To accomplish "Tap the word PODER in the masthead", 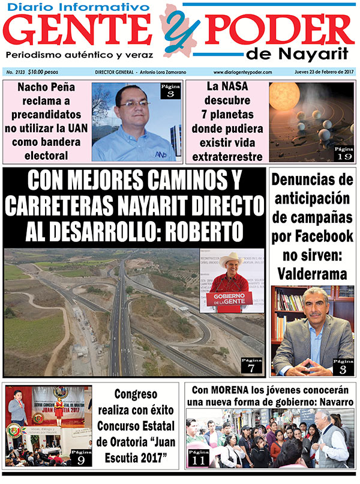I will tap(278, 30).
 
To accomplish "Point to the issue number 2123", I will tap(28, 72).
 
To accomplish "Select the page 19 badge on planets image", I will tap(344, 154).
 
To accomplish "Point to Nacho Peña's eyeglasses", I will tap(134, 103).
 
